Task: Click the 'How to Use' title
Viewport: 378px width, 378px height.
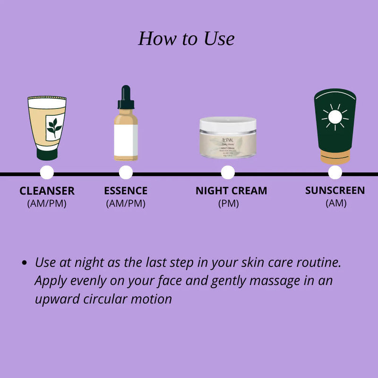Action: (x=186, y=39)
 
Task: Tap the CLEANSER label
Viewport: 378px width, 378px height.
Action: (x=47, y=191)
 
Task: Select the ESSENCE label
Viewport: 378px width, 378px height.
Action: (x=126, y=191)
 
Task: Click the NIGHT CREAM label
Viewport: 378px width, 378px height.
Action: (x=231, y=191)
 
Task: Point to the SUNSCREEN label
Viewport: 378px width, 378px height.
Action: (x=335, y=190)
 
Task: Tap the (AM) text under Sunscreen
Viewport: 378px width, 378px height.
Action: (x=336, y=203)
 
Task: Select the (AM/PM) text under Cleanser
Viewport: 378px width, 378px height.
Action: (x=47, y=204)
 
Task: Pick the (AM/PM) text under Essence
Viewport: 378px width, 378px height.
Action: (x=126, y=204)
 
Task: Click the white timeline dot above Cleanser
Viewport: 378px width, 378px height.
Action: (x=47, y=173)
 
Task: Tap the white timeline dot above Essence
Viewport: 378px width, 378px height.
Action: (x=126, y=173)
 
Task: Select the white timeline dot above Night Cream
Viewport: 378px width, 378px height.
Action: (x=228, y=173)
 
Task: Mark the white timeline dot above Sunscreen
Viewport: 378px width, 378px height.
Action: (x=335, y=173)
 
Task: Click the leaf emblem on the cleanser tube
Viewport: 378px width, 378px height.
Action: (x=54, y=127)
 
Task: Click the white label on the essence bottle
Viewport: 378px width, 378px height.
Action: (x=126, y=141)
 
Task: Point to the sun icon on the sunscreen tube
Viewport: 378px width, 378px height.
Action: (x=335, y=116)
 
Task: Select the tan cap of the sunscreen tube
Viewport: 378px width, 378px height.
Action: (x=335, y=156)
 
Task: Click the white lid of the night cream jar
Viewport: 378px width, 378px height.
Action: (x=228, y=124)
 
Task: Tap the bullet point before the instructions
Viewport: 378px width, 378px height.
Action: (x=24, y=264)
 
